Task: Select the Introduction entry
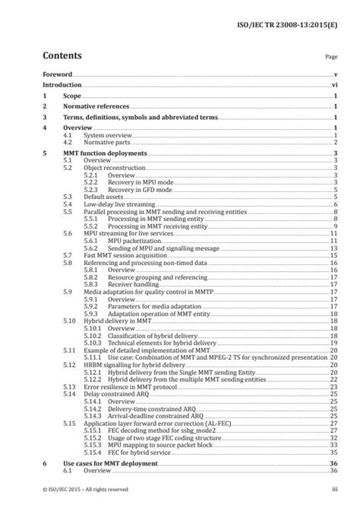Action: (63, 88)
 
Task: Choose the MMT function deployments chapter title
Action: (109, 153)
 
